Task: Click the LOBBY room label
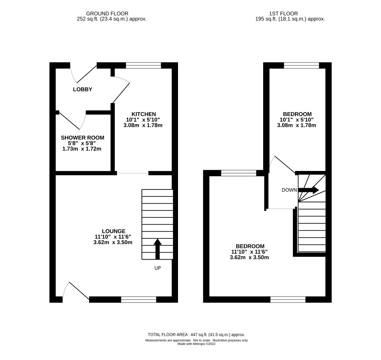(x=83, y=89)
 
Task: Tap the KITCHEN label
(x=144, y=114)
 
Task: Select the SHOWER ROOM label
(x=83, y=137)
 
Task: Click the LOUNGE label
(x=114, y=231)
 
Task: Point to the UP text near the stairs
(x=158, y=268)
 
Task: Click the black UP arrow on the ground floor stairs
(x=158, y=249)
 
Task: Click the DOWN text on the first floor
(x=289, y=190)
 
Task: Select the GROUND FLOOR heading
(x=107, y=14)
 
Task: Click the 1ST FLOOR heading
(x=283, y=14)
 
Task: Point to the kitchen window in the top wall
(x=144, y=65)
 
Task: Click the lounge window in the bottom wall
(x=138, y=299)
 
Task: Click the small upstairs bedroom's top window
(x=301, y=65)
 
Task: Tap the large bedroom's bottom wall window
(x=288, y=299)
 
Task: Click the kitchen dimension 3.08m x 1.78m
(x=143, y=125)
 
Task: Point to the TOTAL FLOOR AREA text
(x=197, y=335)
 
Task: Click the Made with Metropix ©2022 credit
(x=197, y=344)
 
